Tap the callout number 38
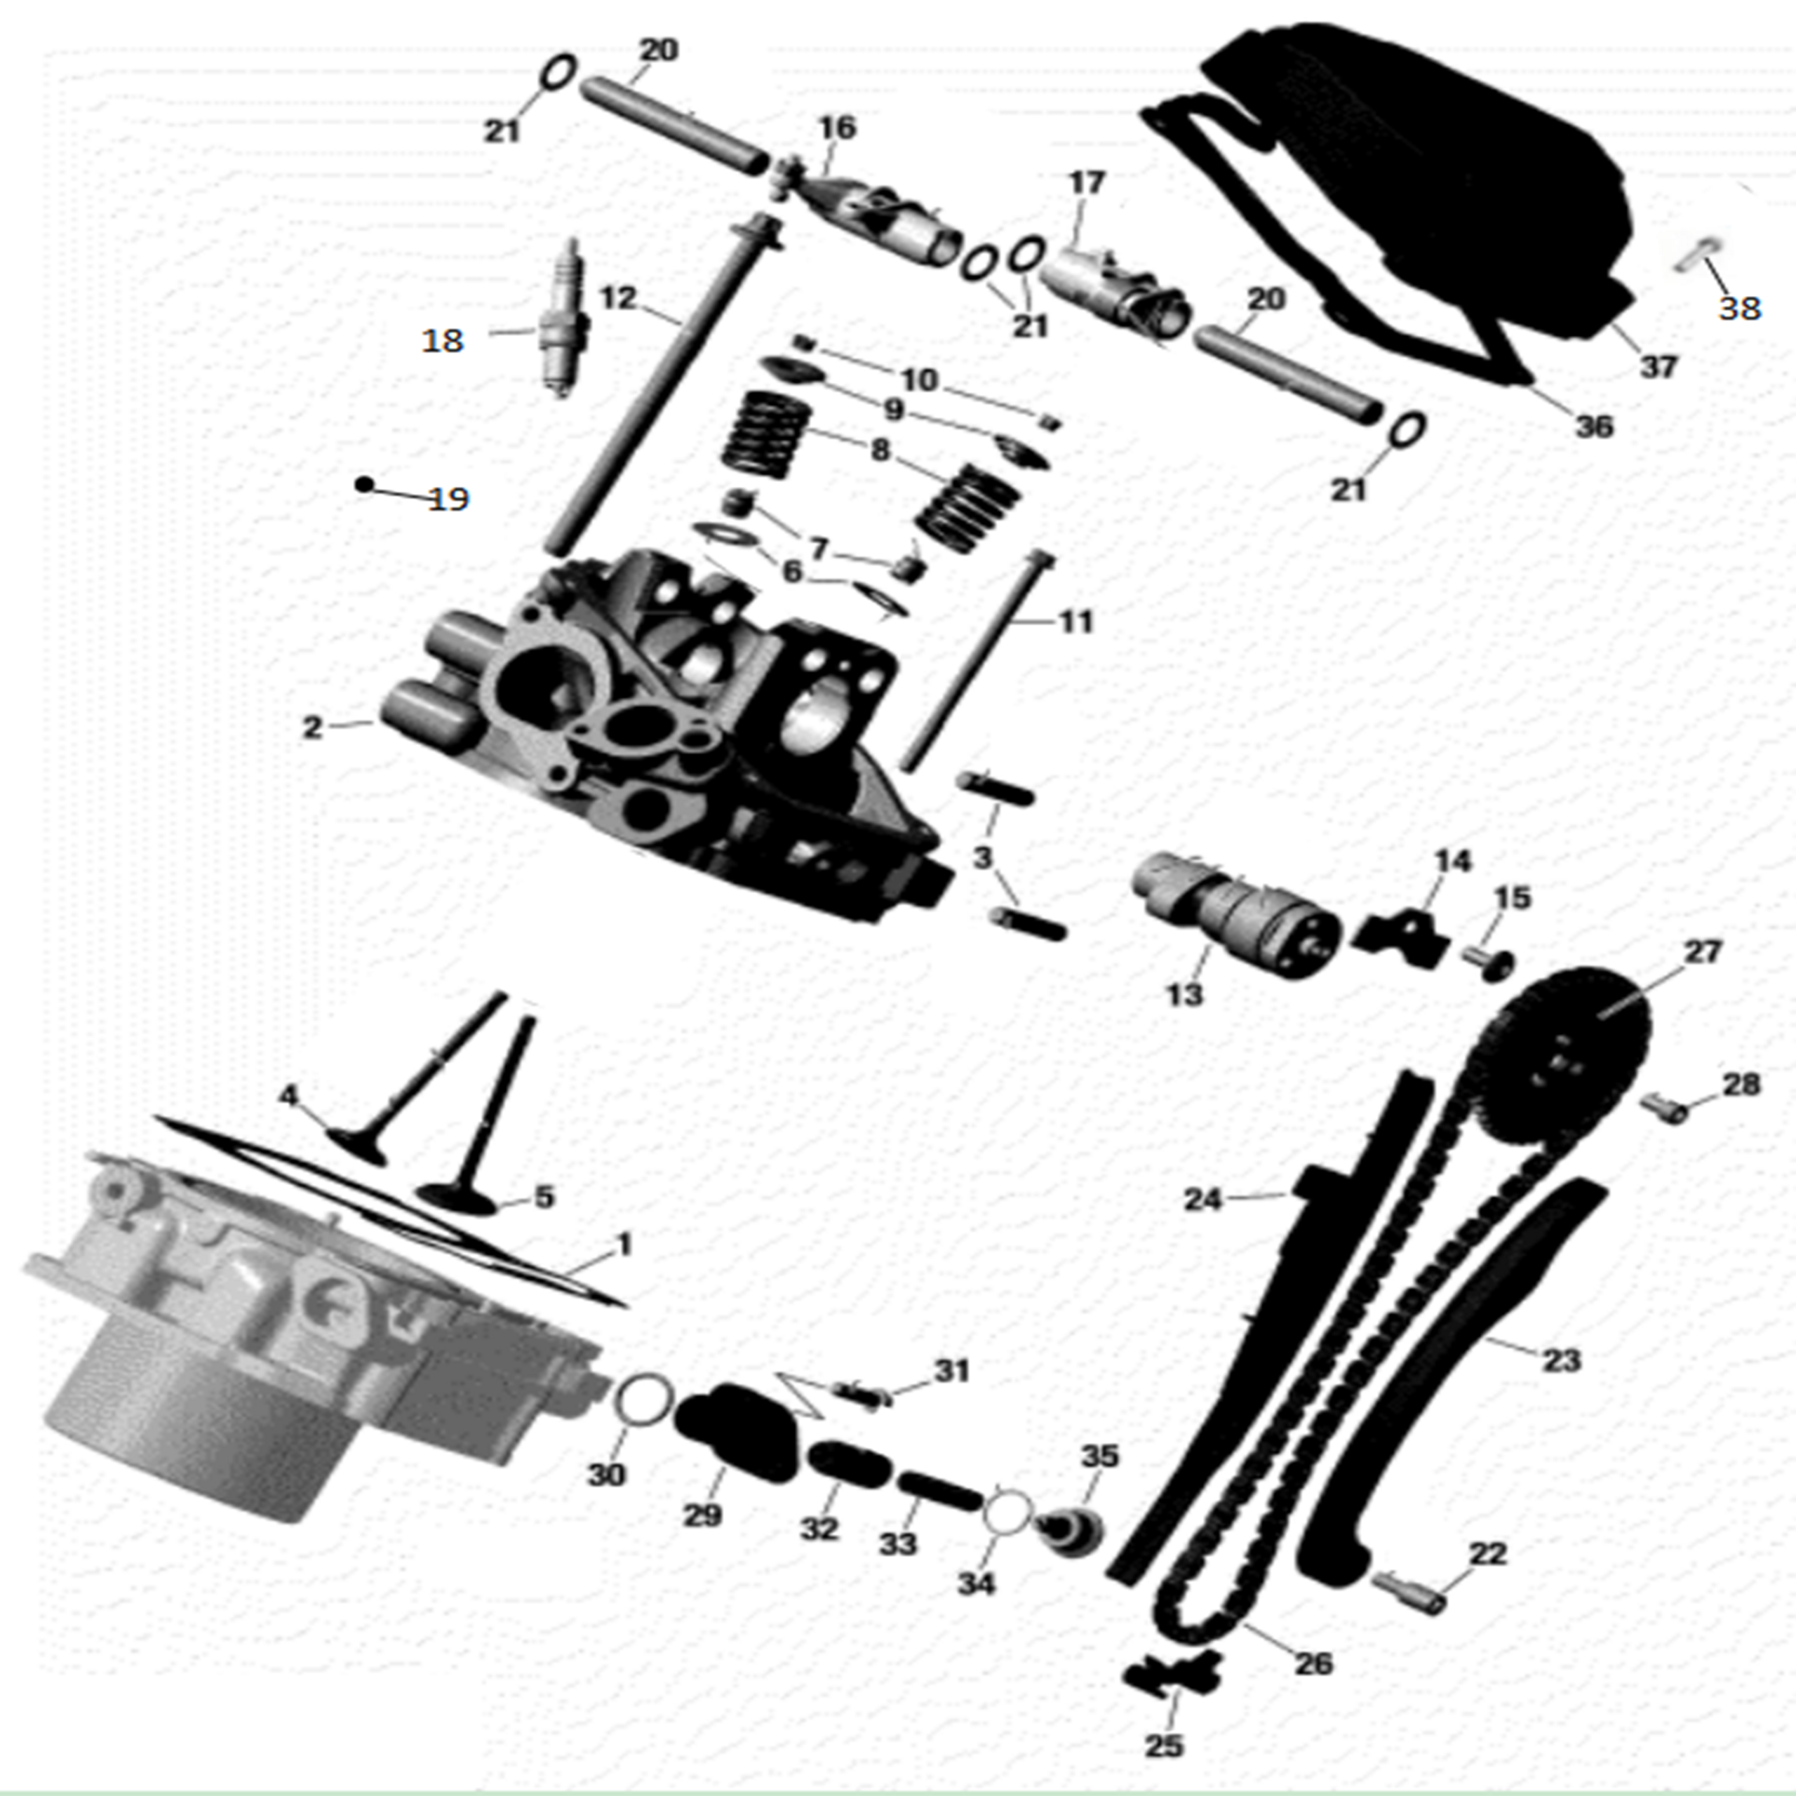(x=1738, y=308)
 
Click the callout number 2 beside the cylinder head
(x=312, y=727)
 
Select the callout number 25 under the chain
(x=1164, y=1745)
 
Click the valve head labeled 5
(x=455, y=1198)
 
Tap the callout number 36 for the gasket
(x=1593, y=426)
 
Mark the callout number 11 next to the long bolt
(x=1075, y=621)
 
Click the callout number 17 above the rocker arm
(x=1087, y=182)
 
